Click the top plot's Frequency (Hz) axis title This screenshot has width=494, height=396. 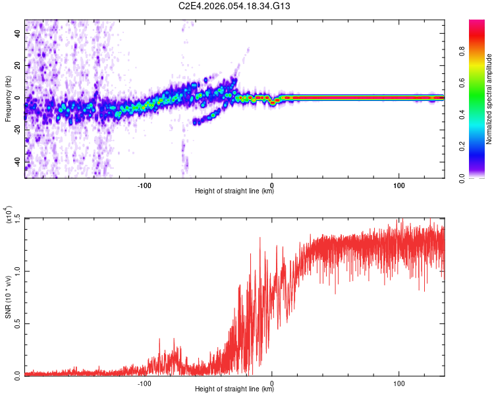[x=8, y=99]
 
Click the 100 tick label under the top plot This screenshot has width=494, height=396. [x=399, y=184]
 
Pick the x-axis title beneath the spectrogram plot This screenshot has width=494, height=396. [x=234, y=191]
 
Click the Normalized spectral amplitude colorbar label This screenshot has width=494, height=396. [x=489, y=99]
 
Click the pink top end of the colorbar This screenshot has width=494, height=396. [x=477, y=24]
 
